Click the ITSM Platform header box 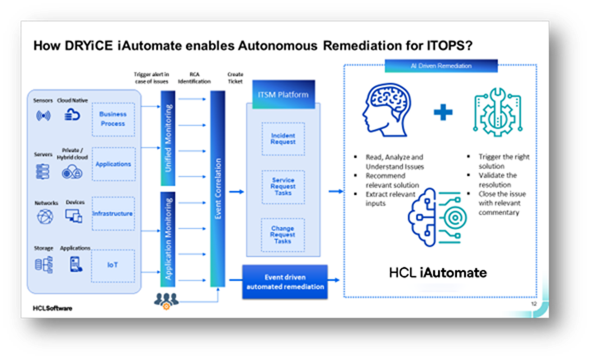[x=283, y=94]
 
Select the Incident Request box [x=283, y=139]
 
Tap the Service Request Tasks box [x=283, y=186]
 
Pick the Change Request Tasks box [x=283, y=235]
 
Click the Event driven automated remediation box [x=285, y=282]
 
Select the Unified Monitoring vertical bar [x=168, y=138]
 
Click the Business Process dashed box [x=113, y=119]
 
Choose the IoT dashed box [x=113, y=265]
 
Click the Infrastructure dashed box [x=113, y=214]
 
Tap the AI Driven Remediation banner [x=441, y=66]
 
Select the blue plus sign [x=443, y=113]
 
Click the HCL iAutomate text [x=438, y=272]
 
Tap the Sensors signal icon [x=43, y=116]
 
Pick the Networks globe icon [x=44, y=216]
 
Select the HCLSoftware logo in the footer [x=53, y=308]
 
